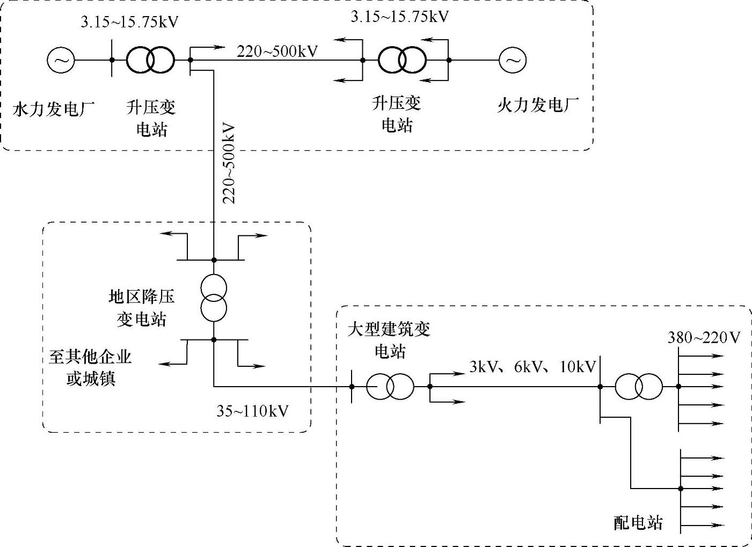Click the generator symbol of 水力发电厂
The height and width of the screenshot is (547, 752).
[61, 60]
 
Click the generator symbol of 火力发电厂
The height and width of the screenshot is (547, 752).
[512, 60]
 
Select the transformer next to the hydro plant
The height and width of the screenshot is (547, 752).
[150, 60]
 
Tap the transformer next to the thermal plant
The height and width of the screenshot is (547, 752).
[402, 60]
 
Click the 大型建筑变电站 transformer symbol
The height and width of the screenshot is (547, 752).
[390, 386]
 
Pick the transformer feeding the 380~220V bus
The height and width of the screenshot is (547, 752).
[638, 386]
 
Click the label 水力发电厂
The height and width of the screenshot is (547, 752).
[53, 109]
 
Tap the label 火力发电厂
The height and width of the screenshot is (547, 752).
[538, 105]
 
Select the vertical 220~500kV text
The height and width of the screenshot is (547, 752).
[229, 164]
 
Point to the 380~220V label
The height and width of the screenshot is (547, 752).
[704, 337]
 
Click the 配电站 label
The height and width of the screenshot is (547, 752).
[638, 522]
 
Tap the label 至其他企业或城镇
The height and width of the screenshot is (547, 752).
[90, 367]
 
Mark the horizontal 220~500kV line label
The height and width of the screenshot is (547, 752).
[278, 51]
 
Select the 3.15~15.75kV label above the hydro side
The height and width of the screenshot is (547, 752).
[129, 22]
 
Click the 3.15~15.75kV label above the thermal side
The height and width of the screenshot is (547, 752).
[400, 17]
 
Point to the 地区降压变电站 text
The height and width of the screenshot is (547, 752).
[142, 308]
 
